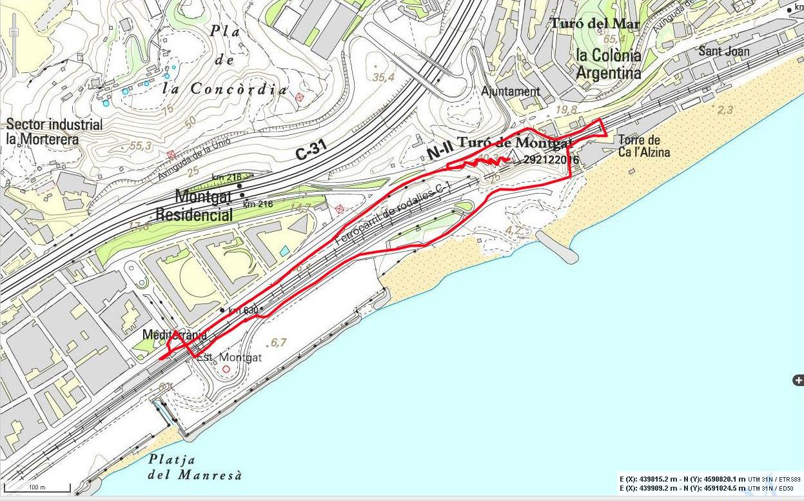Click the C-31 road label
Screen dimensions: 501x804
coord(311,150)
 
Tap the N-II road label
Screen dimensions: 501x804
coord(439,153)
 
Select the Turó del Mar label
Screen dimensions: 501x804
coord(594,24)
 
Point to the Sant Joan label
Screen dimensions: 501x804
coord(724,51)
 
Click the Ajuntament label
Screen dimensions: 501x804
coord(511,92)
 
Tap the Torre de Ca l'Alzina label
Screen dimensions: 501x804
coord(644,147)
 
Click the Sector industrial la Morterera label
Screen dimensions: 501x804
coord(54,132)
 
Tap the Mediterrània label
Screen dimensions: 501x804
coord(175,334)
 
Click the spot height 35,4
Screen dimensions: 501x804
coord(383,77)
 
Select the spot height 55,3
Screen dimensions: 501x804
coord(140,147)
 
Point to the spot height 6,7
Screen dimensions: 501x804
coord(279,342)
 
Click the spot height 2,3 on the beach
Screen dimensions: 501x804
coord(725,110)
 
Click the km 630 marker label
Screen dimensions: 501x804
coord(243,311)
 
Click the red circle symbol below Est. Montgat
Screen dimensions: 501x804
coord(226,369)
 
